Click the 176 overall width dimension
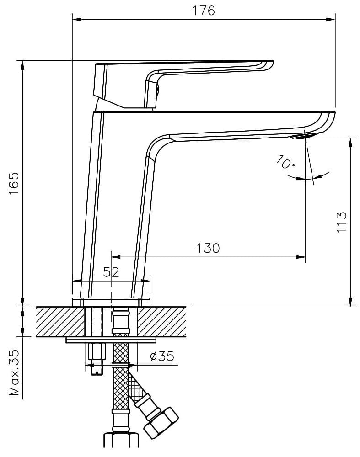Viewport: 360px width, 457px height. point(204,11)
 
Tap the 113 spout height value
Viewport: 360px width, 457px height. point(342,223)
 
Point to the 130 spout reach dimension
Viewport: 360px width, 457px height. point(208,248)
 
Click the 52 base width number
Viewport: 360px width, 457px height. point(111,272)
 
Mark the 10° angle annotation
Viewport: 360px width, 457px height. point(286,162)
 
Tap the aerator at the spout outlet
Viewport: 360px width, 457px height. point(302,136)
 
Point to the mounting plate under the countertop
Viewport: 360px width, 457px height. point(111,340)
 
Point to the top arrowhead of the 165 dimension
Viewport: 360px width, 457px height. point(22,64)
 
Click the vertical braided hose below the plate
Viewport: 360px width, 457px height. point(120,388)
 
